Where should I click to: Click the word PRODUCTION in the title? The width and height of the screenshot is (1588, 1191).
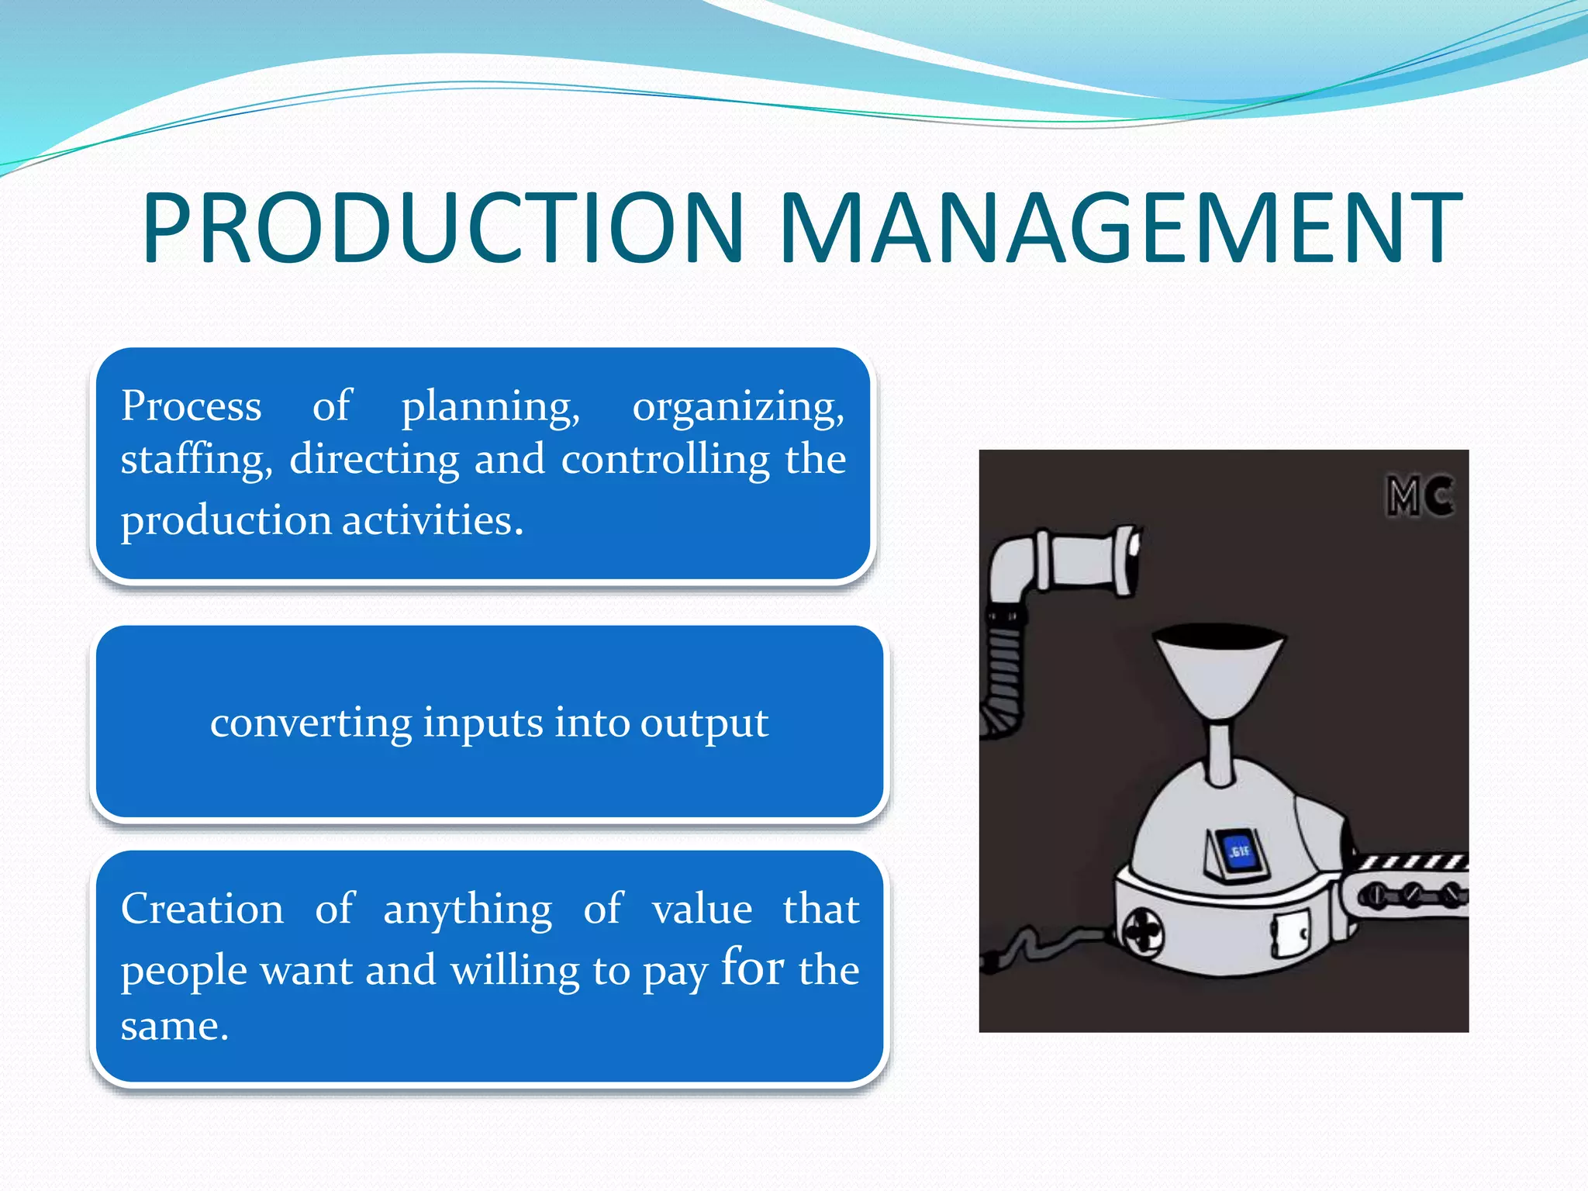coord(442,229)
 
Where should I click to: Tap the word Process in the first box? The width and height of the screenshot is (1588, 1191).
coord(191,406)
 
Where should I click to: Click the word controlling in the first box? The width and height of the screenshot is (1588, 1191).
coord(665,459)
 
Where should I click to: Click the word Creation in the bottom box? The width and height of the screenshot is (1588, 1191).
coord(202,909)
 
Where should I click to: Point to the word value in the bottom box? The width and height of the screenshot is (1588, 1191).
coord(702,909)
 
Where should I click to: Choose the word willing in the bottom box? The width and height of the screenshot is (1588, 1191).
coord(514,971)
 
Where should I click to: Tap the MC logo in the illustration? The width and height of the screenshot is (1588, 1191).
coord(1419,496)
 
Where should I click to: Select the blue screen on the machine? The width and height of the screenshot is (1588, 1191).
coord(1238,852)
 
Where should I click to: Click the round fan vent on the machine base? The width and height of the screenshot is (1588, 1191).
coord(1144,933)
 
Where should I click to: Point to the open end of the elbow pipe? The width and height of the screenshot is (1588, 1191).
coord(1131,560)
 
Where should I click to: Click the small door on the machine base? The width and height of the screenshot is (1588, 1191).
coord(1289,934)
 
